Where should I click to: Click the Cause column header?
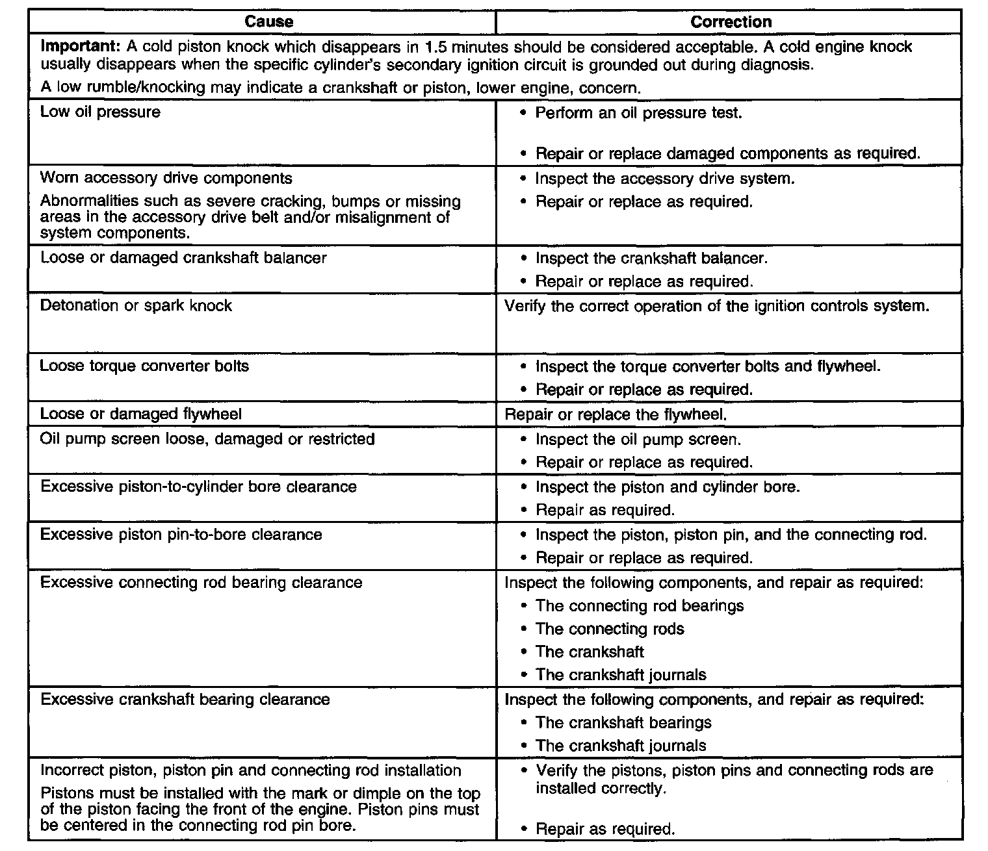point(268,21)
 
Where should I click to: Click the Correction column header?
point(731,21)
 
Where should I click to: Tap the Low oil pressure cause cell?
point(100,112)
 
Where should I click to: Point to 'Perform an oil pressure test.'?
point(638,113)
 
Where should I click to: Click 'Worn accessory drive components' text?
point(166,179)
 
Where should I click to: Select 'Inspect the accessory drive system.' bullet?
point(664,179)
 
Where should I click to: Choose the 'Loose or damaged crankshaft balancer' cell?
point(183,258)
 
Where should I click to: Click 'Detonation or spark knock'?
point(136,306)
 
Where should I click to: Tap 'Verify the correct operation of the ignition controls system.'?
point(717,306)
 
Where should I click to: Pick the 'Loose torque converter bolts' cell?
point(144,366)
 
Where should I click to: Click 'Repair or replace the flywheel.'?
point(616,414)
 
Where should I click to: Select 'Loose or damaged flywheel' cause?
point(140,414)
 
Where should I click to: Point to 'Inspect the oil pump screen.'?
point(638,440)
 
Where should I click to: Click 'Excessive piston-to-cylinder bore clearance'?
point(198,487)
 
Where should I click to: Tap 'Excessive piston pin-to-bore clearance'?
point(181,535)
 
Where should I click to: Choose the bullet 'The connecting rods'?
point(610,629)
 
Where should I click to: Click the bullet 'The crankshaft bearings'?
point(623,723)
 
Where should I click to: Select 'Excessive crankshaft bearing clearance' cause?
point(185,700)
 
